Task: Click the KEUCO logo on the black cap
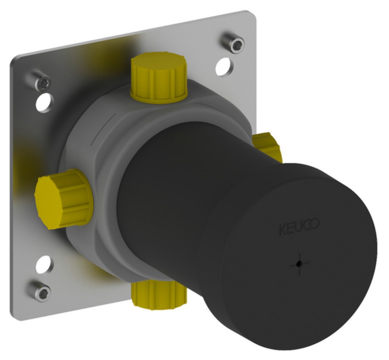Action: [x=299, y=229]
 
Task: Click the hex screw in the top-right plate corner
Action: [x=235, y=44]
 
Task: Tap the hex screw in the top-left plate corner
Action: [x=43, y=83]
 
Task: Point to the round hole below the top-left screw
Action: [x=45, y=102]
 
